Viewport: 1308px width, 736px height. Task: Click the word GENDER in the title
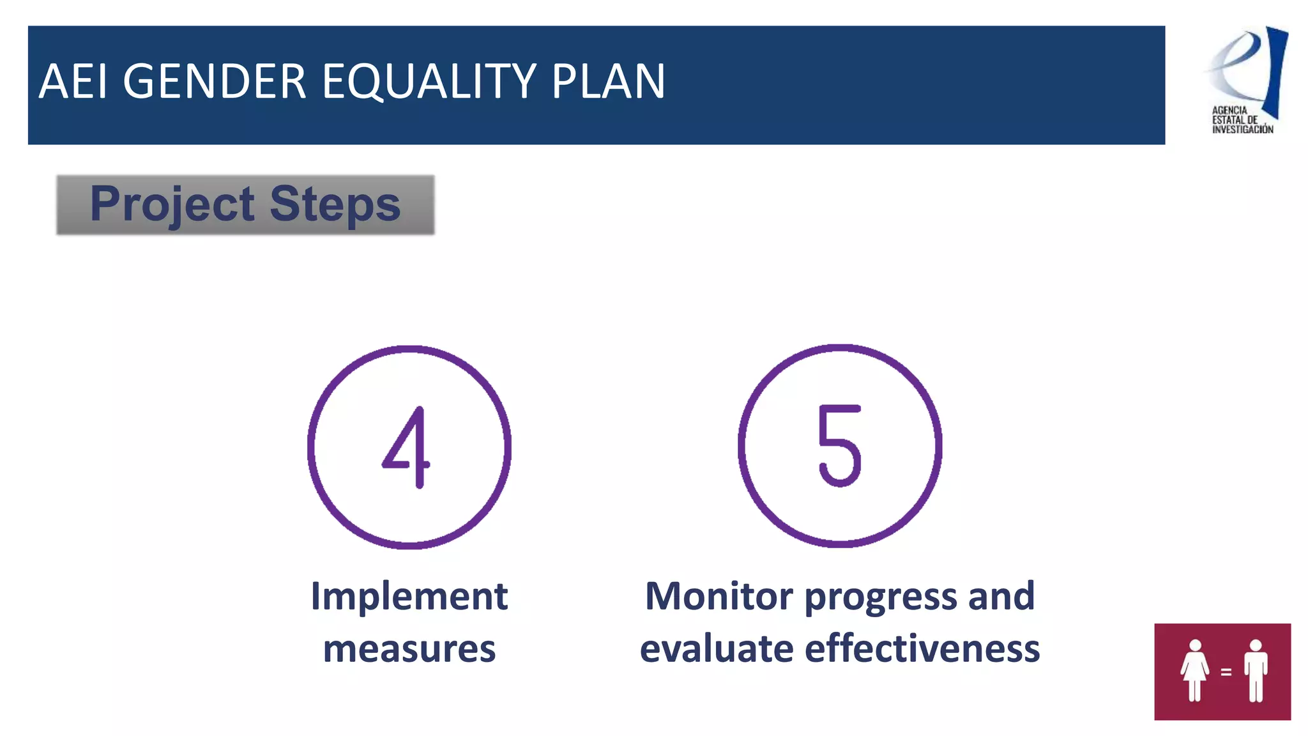[x=215, y=82]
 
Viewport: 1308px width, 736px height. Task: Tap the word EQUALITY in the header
[x=429, y=82]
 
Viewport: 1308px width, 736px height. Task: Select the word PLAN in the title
[x=608, y=82]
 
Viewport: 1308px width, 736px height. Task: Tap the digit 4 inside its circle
[x=407, y=447]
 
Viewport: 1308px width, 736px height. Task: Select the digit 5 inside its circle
[x=840, y=446]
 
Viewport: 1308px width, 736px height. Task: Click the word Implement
[x=409, y=596]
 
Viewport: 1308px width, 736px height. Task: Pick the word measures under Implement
[x=409, y=648]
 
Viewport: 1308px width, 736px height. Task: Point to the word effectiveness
[x=922, y=648]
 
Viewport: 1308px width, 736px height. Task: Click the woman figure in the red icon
[x=1194, y=671]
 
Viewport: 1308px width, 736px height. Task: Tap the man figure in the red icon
[x=1256, y=671]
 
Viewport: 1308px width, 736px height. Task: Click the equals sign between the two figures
[x=1226, y=672]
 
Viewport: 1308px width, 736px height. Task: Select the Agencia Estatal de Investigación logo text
[x=1242, y=119]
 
